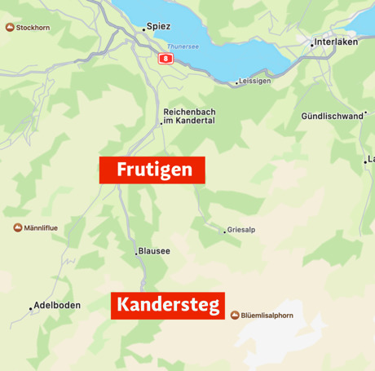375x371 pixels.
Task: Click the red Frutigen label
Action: click(x=152, y=170)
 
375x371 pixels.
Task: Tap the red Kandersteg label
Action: click(x=167, y=305)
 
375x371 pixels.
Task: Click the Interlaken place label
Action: click(x=336, y=42)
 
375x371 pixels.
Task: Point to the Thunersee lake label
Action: click(x=183, y=46)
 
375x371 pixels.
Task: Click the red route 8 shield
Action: click(x=166, y=59)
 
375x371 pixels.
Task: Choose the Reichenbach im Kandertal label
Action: click(x=189, y=116)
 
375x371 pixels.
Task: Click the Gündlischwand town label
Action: click(x=332, y=116)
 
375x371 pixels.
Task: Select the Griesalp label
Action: click(x=241, y=230)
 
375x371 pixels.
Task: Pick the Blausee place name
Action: click(x=154, y=251)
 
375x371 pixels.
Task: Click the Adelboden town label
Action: click(x=57, y=306)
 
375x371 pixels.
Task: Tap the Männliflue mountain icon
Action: click(x=18, y=227)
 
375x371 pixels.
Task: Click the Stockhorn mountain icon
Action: click(x=10, y=28)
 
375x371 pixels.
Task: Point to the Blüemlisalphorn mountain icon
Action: click(x=235, y=315)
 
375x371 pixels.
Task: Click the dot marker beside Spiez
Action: click(x=144, y=29)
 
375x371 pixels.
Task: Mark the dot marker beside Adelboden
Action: click(x=31, y=308)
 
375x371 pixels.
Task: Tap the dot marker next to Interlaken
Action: click(x=311, y=45)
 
